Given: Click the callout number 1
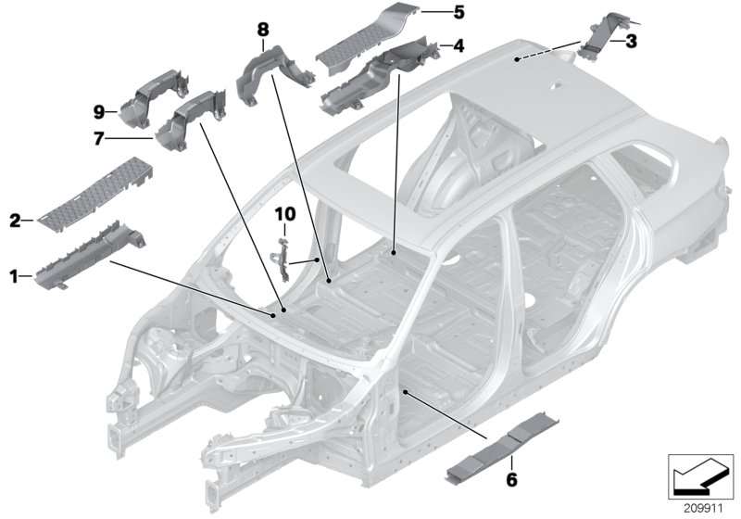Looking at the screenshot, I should click(13, 275).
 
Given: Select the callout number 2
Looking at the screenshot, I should click(15, 221).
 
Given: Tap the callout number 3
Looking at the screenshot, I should click(631, 41).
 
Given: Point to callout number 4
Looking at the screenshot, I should click(458, 44).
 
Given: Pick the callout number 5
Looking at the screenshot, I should click(458, 13).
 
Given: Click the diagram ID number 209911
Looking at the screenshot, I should click(699, 507).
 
